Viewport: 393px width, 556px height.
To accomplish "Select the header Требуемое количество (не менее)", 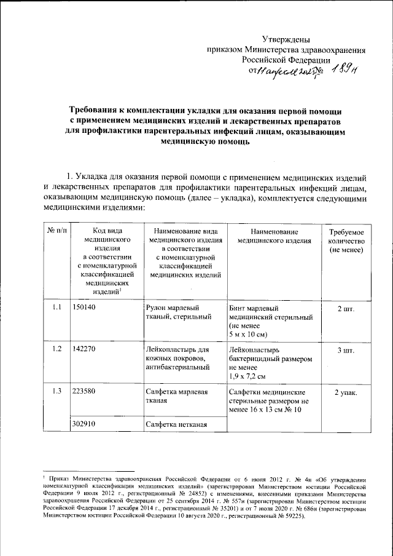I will [x=347, y=242].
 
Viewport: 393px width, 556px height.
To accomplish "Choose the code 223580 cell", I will [x=85, y=391].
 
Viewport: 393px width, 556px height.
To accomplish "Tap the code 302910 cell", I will [x=85, y=424].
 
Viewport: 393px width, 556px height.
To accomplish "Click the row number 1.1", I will [x=56, y=308].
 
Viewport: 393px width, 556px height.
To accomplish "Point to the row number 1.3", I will [x=56, y=391].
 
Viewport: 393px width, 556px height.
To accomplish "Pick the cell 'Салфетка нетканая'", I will [x=175, y=424].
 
